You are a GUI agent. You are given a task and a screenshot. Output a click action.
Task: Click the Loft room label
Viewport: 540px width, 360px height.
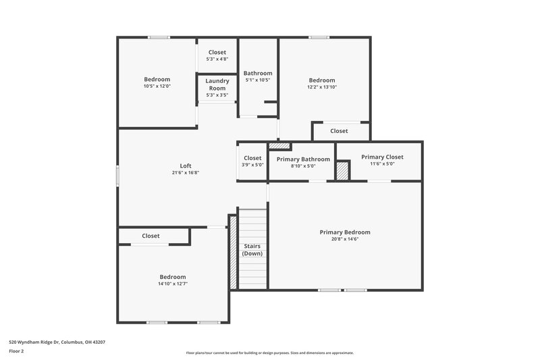pos(186,165)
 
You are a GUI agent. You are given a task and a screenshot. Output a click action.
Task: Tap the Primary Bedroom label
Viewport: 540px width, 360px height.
pos(345,232)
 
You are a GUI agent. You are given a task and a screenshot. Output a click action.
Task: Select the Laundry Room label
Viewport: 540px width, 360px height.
pos(217,84)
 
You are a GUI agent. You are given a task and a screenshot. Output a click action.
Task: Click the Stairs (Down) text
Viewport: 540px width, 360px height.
pos(252,250)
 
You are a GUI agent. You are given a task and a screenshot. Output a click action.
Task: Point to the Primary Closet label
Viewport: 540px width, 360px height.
pos(382,157)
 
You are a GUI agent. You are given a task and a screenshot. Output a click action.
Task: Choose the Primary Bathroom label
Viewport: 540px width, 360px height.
pos(303,159)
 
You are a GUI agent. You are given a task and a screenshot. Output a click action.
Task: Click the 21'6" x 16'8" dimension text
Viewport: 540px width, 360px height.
pos(186,173)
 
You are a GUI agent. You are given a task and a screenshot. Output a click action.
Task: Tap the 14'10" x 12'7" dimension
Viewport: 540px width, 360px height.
pos(173,284)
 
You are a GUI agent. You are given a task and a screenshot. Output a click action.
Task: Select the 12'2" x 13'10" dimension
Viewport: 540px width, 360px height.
pos(322,87)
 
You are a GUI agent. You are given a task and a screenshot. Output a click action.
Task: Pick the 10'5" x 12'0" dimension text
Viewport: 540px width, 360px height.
pos(157,86)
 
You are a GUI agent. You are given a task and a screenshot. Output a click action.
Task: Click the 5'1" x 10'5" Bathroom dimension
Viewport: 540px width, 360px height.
pos(258,80)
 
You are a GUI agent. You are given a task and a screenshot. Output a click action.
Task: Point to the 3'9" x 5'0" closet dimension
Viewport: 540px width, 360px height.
pos(252,165)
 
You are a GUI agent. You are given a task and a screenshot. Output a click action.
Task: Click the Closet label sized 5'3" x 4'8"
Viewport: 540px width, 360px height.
pos(217,53)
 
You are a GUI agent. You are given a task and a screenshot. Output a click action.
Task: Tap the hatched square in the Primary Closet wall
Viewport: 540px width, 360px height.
pos(343,170)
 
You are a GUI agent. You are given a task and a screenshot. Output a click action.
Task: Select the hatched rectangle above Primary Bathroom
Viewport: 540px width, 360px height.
pos(279,145)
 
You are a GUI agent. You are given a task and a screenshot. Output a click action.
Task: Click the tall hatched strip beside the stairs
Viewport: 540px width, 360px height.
pos(233,252)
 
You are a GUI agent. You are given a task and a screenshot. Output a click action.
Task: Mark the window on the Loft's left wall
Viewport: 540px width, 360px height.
pos(118,175)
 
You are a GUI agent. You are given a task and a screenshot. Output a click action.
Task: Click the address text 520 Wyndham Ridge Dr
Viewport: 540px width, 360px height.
pos(57,342)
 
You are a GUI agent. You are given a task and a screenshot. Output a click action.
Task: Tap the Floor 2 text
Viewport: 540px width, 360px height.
pos(16,351)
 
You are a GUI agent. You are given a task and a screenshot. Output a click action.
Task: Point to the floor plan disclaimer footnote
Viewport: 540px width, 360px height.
pos(269,353)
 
